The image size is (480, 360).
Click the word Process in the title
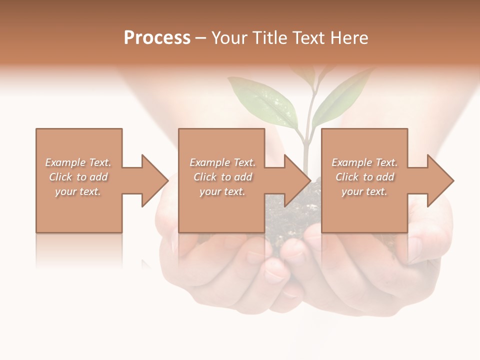pyautogui.click(x=157, y=37)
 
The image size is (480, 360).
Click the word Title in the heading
pyautogui.click(x=270, y=37)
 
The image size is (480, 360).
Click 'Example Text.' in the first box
pyautogui.click(x=78, y=162)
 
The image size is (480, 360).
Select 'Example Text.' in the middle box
pyautogui.click(x=222, y=162)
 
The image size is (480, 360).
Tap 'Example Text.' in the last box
pyautogui.click(x=364, y=162)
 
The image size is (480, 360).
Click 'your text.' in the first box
pyautogui.click(x=78, y=191)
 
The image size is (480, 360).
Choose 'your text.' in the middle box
pyautogui.click(x=222, y=191)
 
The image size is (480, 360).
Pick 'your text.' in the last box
pyautogui.click(x=364, y=191)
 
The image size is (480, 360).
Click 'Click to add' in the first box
pyautogui.click(x=78, y=177)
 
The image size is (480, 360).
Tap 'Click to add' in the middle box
pyautogui.click(x=222, y=177)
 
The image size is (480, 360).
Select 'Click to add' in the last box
pyautogui.click(x=364, y=177)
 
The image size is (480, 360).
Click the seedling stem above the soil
pyautogui.click(x=304, y=155)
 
